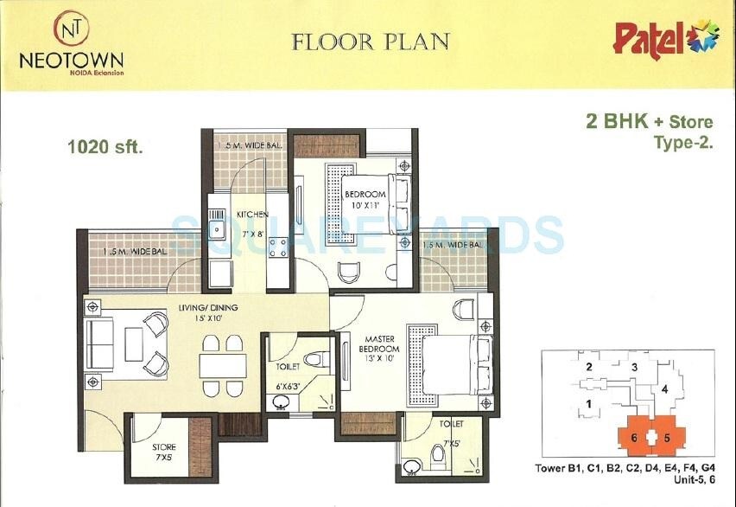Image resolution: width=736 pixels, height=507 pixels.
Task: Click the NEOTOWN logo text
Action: point(71,60)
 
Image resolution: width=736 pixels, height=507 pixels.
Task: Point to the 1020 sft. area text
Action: point(105,146)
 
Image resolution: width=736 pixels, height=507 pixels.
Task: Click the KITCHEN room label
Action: point(251,214)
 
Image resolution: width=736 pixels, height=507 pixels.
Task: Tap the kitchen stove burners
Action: point(279,247)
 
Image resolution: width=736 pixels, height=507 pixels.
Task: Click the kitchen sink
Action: point(218,231)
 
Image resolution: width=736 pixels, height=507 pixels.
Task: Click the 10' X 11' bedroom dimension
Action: point(365,205)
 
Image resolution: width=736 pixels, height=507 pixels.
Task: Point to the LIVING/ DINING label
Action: point(208,307)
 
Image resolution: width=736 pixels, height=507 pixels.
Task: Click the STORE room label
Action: point(164,447)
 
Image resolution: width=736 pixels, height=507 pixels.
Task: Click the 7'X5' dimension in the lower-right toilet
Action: point(451,445)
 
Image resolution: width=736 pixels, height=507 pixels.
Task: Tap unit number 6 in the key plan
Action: point(634,438)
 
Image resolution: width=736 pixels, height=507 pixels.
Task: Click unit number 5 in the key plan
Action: point(667,438)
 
